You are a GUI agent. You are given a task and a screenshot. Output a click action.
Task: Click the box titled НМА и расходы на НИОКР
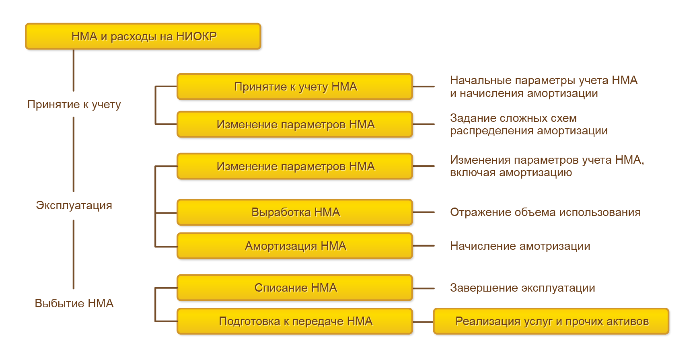point(143,36)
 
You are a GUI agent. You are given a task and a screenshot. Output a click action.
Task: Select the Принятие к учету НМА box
point(295,86)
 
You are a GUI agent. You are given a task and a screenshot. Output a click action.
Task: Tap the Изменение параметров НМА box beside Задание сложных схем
point(295,124)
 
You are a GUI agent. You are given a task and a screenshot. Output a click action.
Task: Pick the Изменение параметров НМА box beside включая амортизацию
point(295,166)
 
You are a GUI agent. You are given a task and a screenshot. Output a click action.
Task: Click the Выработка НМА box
point(295,212)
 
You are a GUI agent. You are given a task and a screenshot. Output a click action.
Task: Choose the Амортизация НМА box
point(295,246)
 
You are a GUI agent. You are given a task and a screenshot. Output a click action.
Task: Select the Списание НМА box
point(295,288)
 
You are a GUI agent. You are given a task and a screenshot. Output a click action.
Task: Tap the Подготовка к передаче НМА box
point(295,321)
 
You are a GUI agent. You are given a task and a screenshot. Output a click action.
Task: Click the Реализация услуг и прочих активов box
point(551,321)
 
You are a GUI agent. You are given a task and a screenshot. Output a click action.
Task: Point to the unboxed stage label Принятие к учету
point(74,105)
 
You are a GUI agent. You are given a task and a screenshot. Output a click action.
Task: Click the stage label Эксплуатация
point(74,205)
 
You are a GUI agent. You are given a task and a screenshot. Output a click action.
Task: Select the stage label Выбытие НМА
point(74,303)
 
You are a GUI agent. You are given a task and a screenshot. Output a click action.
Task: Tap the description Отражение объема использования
point(545,212)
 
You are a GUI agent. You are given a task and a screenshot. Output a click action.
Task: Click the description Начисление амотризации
point(520,246)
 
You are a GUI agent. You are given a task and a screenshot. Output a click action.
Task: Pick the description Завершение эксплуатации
point(522,288)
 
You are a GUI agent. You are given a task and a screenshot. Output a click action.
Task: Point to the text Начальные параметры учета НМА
point(543,80)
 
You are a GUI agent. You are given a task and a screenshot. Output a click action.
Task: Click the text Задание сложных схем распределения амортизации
point(528,124)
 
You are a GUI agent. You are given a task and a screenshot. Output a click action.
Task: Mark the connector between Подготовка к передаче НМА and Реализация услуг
point(423,322)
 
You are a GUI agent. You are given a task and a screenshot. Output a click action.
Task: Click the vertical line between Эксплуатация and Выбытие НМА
point(74,254)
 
